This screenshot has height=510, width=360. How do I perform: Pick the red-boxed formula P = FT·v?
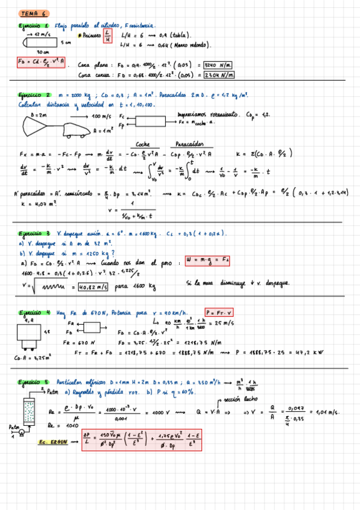coord(220,312)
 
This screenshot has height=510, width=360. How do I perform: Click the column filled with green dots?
coord(27,414)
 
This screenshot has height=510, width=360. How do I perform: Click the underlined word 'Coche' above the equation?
coord(143,144)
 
